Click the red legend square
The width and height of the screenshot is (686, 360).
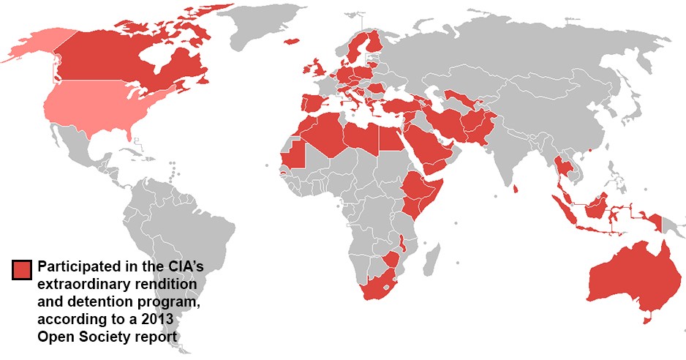click(22, 269)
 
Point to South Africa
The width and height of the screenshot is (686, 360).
click(377, 287)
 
